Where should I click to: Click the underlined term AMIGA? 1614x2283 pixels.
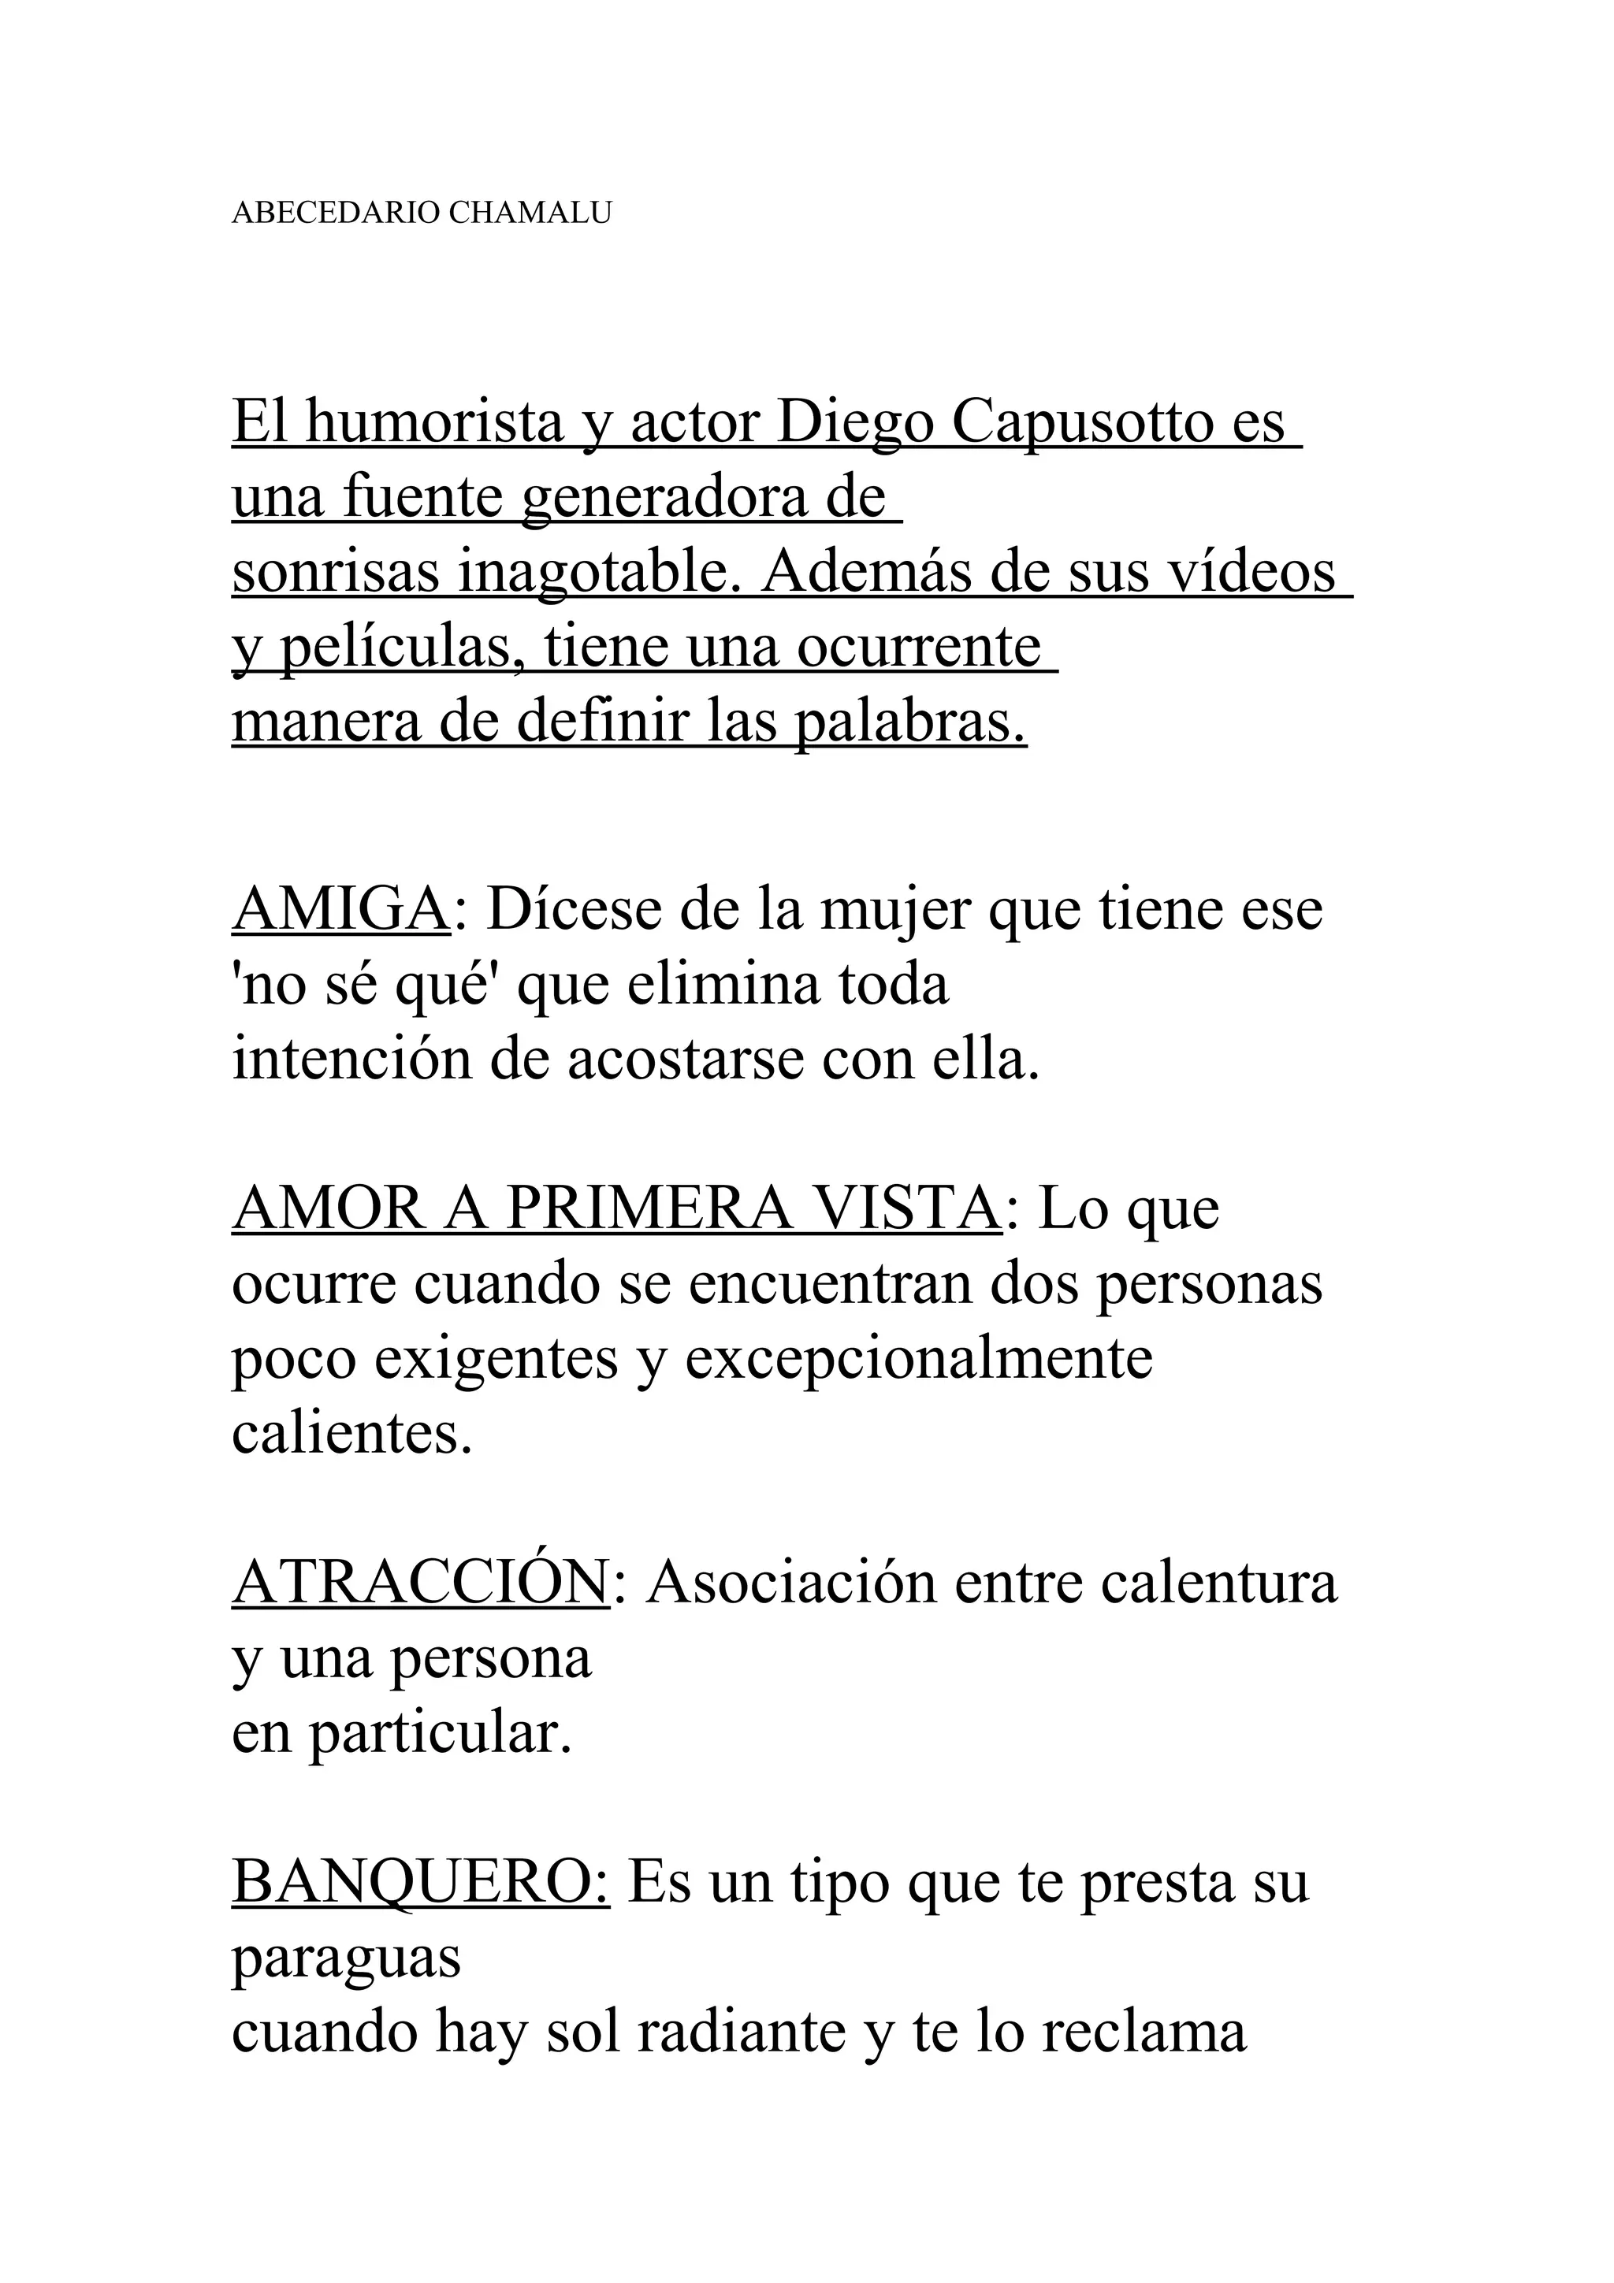[341, 910]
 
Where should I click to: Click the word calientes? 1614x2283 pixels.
[351, 1434]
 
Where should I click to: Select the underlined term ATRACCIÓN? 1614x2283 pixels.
[421, 1584]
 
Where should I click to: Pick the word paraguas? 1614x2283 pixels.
[346, 1961]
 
